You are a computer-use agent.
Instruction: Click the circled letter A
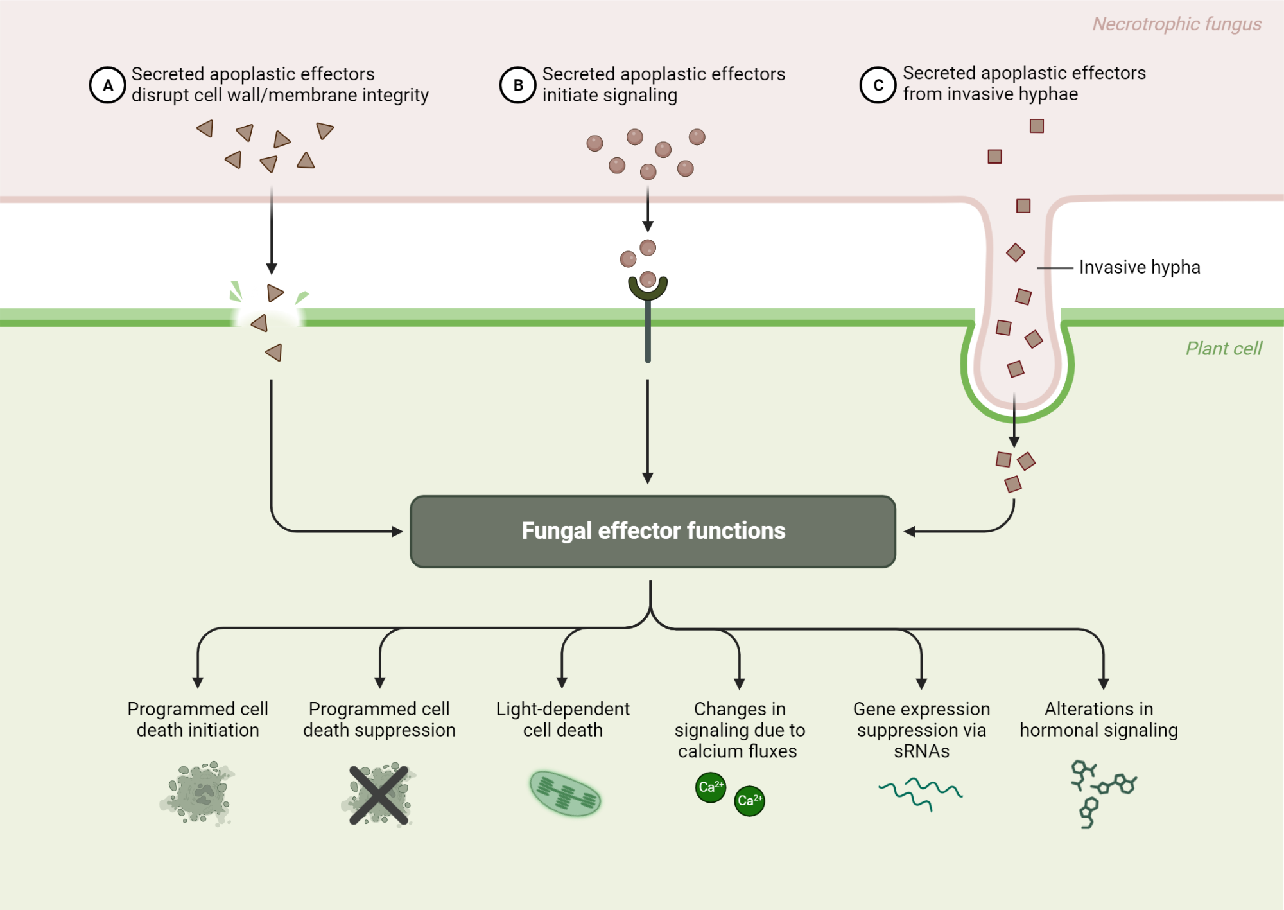[x=107, y=85]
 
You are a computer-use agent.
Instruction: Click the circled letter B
[x=517, y=85]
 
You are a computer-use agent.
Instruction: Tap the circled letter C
[x=878, y=85]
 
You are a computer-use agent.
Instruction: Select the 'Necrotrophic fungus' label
[x=1176, y=24]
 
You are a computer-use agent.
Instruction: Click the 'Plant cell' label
[x=1223, y=349]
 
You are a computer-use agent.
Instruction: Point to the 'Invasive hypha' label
[x=1139, y=267]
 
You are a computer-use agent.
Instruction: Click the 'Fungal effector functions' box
[x=652, y=531]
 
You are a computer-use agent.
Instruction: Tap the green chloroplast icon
[x=565, y=794]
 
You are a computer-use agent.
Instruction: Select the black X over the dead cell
[x=379, y=795]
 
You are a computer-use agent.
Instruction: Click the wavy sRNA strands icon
[x=920, y=794]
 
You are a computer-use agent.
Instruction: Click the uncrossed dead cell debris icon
[x=198, y=794]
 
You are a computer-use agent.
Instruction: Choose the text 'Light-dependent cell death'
[x=562, y=719]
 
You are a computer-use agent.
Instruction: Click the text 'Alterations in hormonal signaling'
[x=1098, y=719]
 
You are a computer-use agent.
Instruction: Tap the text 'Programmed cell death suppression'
[x=379, y=719]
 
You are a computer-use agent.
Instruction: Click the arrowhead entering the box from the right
[x=909, y=532]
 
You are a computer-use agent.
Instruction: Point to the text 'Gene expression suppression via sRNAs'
[x=921, y=730]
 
